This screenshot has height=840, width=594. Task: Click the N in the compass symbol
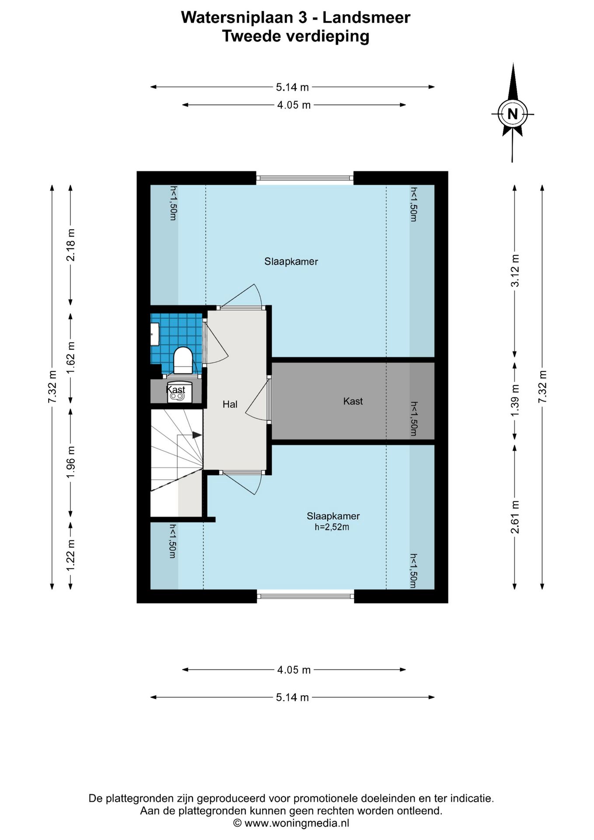[512, 114]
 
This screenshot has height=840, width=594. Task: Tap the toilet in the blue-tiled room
[183, 360]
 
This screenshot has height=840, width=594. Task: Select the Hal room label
[230, 404]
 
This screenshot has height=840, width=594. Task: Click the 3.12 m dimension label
[516, 270]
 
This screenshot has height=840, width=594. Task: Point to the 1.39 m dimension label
[516, 401]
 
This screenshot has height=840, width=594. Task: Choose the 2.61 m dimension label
[516, 517]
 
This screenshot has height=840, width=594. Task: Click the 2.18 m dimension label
[71, 245]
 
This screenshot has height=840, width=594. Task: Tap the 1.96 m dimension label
[71, 462]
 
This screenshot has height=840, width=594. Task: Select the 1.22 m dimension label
[71, 555]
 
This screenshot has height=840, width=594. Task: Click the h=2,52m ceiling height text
[332, 527]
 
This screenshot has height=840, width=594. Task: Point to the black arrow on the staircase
[197, 435]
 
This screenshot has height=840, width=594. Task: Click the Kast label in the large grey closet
[353, 401]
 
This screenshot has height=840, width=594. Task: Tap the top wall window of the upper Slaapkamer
[305, 178]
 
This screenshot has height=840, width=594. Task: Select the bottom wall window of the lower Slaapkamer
[305, 596]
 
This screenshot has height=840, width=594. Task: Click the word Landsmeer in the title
[367, 17]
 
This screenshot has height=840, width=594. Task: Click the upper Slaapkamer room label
[291, 262]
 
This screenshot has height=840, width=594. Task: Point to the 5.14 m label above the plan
[292, 87]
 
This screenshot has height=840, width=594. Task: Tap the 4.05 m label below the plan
[294, 670]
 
